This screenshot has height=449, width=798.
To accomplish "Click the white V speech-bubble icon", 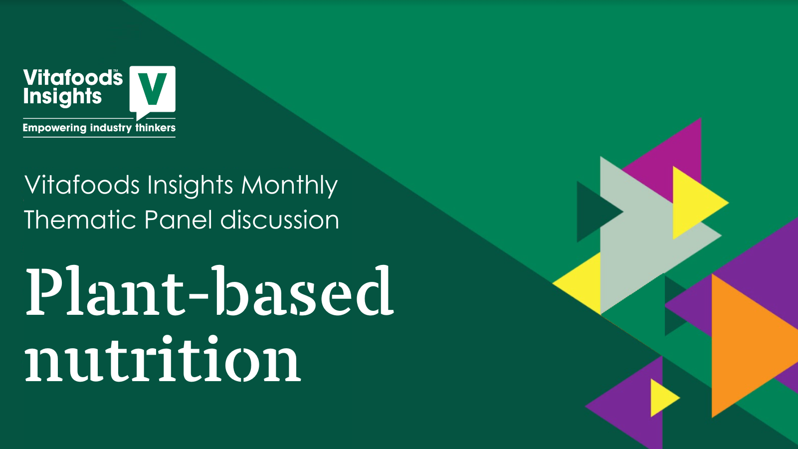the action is (152, 91).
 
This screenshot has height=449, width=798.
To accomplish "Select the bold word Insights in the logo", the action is (62, 97).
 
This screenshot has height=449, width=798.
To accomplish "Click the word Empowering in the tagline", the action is (54, 128).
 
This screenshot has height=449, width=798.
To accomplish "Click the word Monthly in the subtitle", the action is (289, 186).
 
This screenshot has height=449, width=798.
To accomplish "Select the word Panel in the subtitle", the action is (179, 220).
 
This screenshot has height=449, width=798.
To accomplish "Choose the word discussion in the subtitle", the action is (280, 220).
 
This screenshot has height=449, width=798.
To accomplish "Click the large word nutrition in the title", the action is (163, 358).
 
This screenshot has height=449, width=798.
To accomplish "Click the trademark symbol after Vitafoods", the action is (115, 70).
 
